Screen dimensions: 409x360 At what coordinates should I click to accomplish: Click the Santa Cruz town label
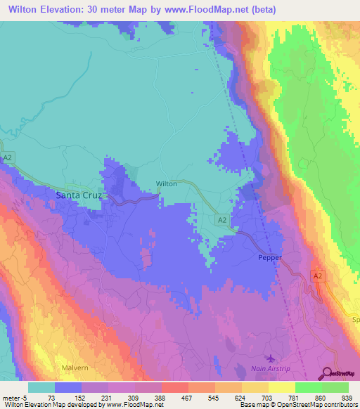[x=79, y=195]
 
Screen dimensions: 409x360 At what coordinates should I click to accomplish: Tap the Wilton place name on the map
[x=166, y=184]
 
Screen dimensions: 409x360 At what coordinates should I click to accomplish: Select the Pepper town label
[x=270, y=257]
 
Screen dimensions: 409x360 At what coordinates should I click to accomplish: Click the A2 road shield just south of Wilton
[x=222, y=220]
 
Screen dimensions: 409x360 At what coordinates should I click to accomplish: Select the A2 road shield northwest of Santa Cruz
[x=8, y=158]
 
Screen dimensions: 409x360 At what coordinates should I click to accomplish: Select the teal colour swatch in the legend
[x=41, y=387]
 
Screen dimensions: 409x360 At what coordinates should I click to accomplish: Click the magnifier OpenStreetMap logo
[x=327, y=373]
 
